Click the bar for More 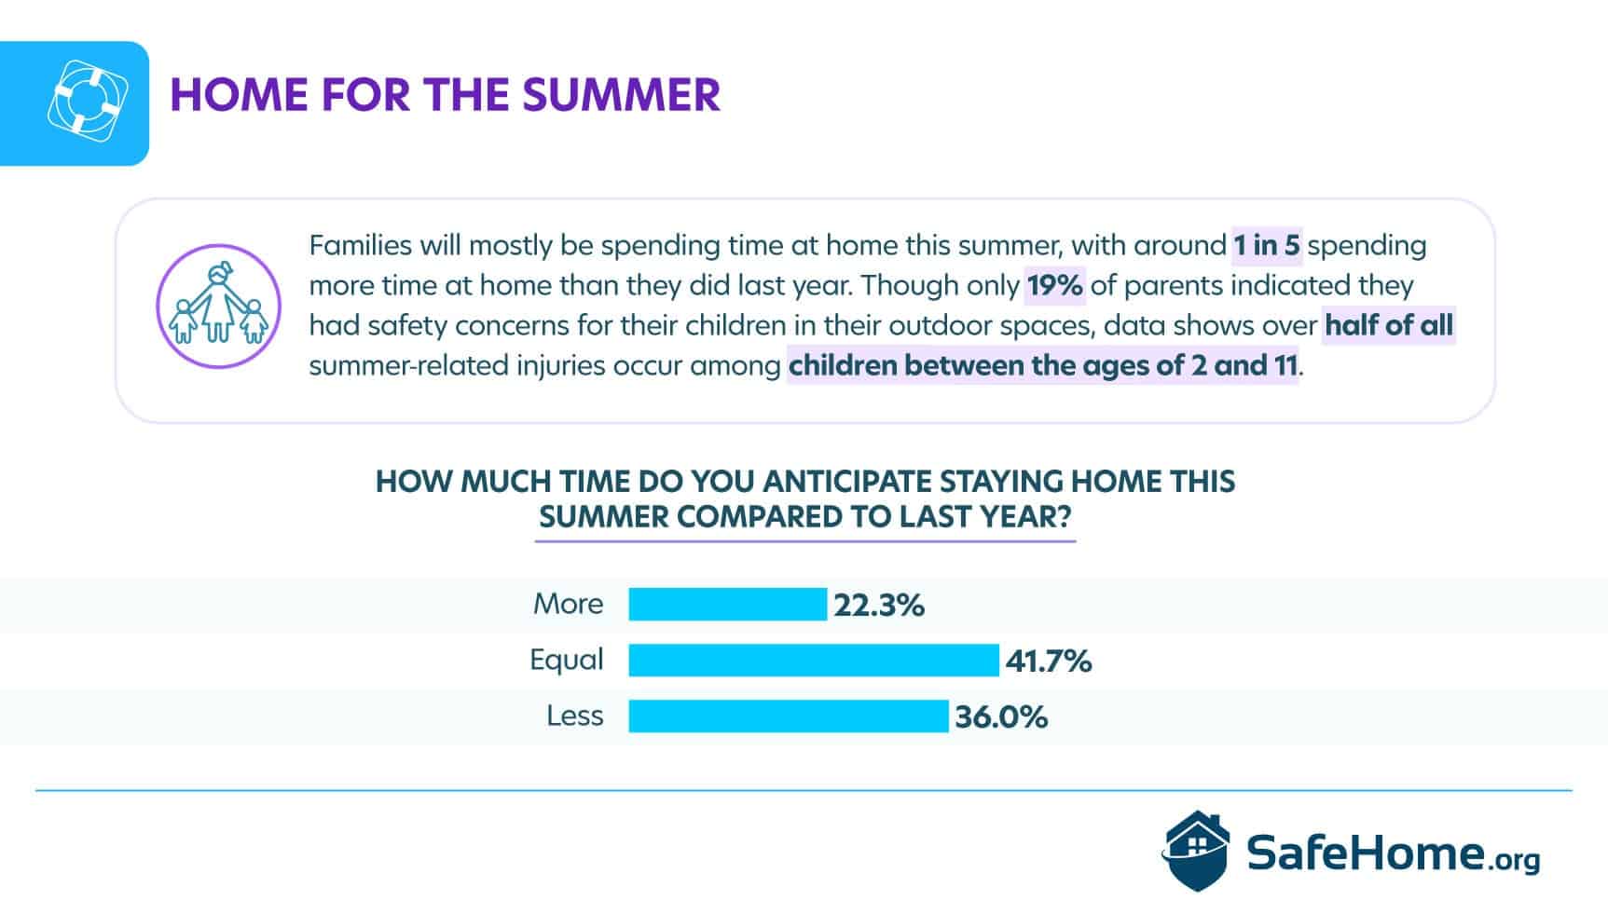[x=727, y=604]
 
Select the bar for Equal [x=814, y=660]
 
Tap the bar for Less [x=789, y=716]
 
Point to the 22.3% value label [x=879, y=606]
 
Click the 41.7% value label [x=1049, y=662]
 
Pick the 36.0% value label [x=1001, y=717]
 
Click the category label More [x=568, y=604]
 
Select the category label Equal [x=567, y=660]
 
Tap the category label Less [x=575, y=716]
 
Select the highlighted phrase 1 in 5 [x=1267, y=245]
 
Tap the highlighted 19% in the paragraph [x=1055, y=285]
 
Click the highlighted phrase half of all [x=1389, y=325]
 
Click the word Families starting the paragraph [x=360, y=245]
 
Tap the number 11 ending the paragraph [x=1285, y=365]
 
